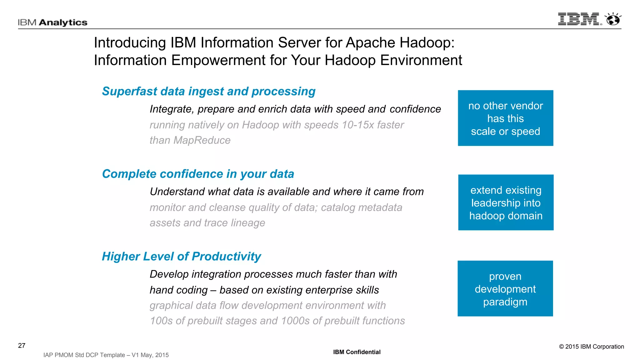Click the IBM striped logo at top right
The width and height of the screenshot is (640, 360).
[579, 19]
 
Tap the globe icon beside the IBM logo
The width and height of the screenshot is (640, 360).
[613, 19]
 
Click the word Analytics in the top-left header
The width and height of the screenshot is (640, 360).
[63, 22]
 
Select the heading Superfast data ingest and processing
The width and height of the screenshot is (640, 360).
[208, 91]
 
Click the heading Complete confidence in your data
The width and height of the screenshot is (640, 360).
[198, 174]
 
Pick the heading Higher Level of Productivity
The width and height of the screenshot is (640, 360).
[181, 256]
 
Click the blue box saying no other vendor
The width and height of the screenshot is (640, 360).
[505, 118]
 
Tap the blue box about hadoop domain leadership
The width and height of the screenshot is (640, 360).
[506, 202]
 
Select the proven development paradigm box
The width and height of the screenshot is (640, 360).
[505, 288]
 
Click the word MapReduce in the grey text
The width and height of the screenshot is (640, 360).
[202, 140]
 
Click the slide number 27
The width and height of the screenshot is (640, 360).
[22, 346]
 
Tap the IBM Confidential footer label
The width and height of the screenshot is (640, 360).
[357, 352]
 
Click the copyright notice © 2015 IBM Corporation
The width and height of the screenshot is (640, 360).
[591, 347]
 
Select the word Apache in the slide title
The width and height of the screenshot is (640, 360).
[371, 42]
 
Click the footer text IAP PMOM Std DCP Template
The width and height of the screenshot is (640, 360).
[84, 355]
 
